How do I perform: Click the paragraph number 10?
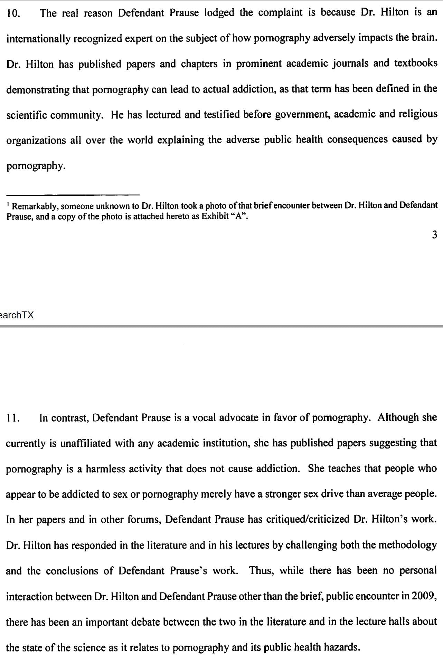[13, 13]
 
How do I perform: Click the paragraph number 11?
[13, 418]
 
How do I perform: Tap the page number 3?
[434, 235]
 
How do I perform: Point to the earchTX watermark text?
[17, 315]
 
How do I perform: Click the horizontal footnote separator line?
[73, 194]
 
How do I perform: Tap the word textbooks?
[416, 64]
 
